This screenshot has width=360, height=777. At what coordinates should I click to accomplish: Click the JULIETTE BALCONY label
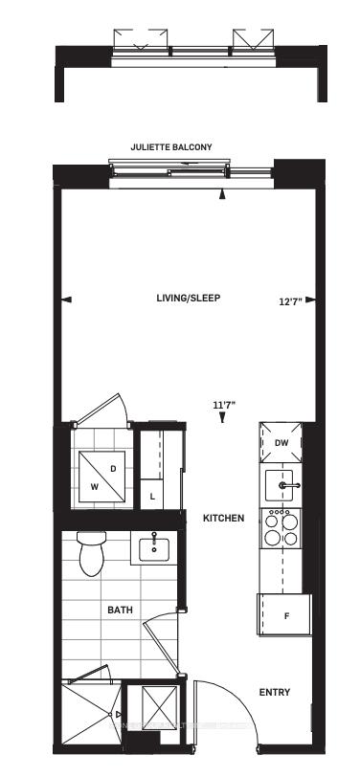pyautogui.click(x=171, y=147)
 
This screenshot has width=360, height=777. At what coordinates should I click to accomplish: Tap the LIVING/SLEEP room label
pyautogui.click(x=189, y=299)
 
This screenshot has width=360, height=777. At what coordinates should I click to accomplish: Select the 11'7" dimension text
pyautogui.click(x=224, y=405)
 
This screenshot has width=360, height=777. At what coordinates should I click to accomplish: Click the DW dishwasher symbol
pyautogui.click(x=281, y=443)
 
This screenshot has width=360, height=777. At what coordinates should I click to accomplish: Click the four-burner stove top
pyautogui.click(x=281, y=528)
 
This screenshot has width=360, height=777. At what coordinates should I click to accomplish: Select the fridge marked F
pyautogui.click(x=284, y=614)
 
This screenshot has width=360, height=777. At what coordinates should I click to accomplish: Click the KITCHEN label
pyautogui.click(x=224, y=519)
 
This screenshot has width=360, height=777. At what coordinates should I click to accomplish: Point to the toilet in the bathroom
pyautogui.click(x=92, y=553)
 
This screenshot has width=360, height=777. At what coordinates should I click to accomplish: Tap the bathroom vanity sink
pyautogui.click(x=154, y=547)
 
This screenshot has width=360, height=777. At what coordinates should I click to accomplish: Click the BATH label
pyautogui.click(x=120, y=610)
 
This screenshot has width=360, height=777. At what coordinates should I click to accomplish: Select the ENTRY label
pyautogui.click(x=275, y=692)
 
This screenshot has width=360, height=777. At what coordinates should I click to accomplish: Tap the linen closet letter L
pyautogui.click(x=153, y=496)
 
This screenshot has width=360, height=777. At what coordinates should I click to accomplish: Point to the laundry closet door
pyautogui.click(x=99, y=409)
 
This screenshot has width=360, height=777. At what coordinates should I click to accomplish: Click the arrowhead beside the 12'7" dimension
pyautogui.click(x=310, y=300)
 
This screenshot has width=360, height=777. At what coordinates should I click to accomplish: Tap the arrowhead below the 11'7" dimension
pyautogui.click(x=223, y=418)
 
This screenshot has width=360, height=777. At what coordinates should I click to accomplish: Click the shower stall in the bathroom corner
pyautogui.click(x=91, y=714)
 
